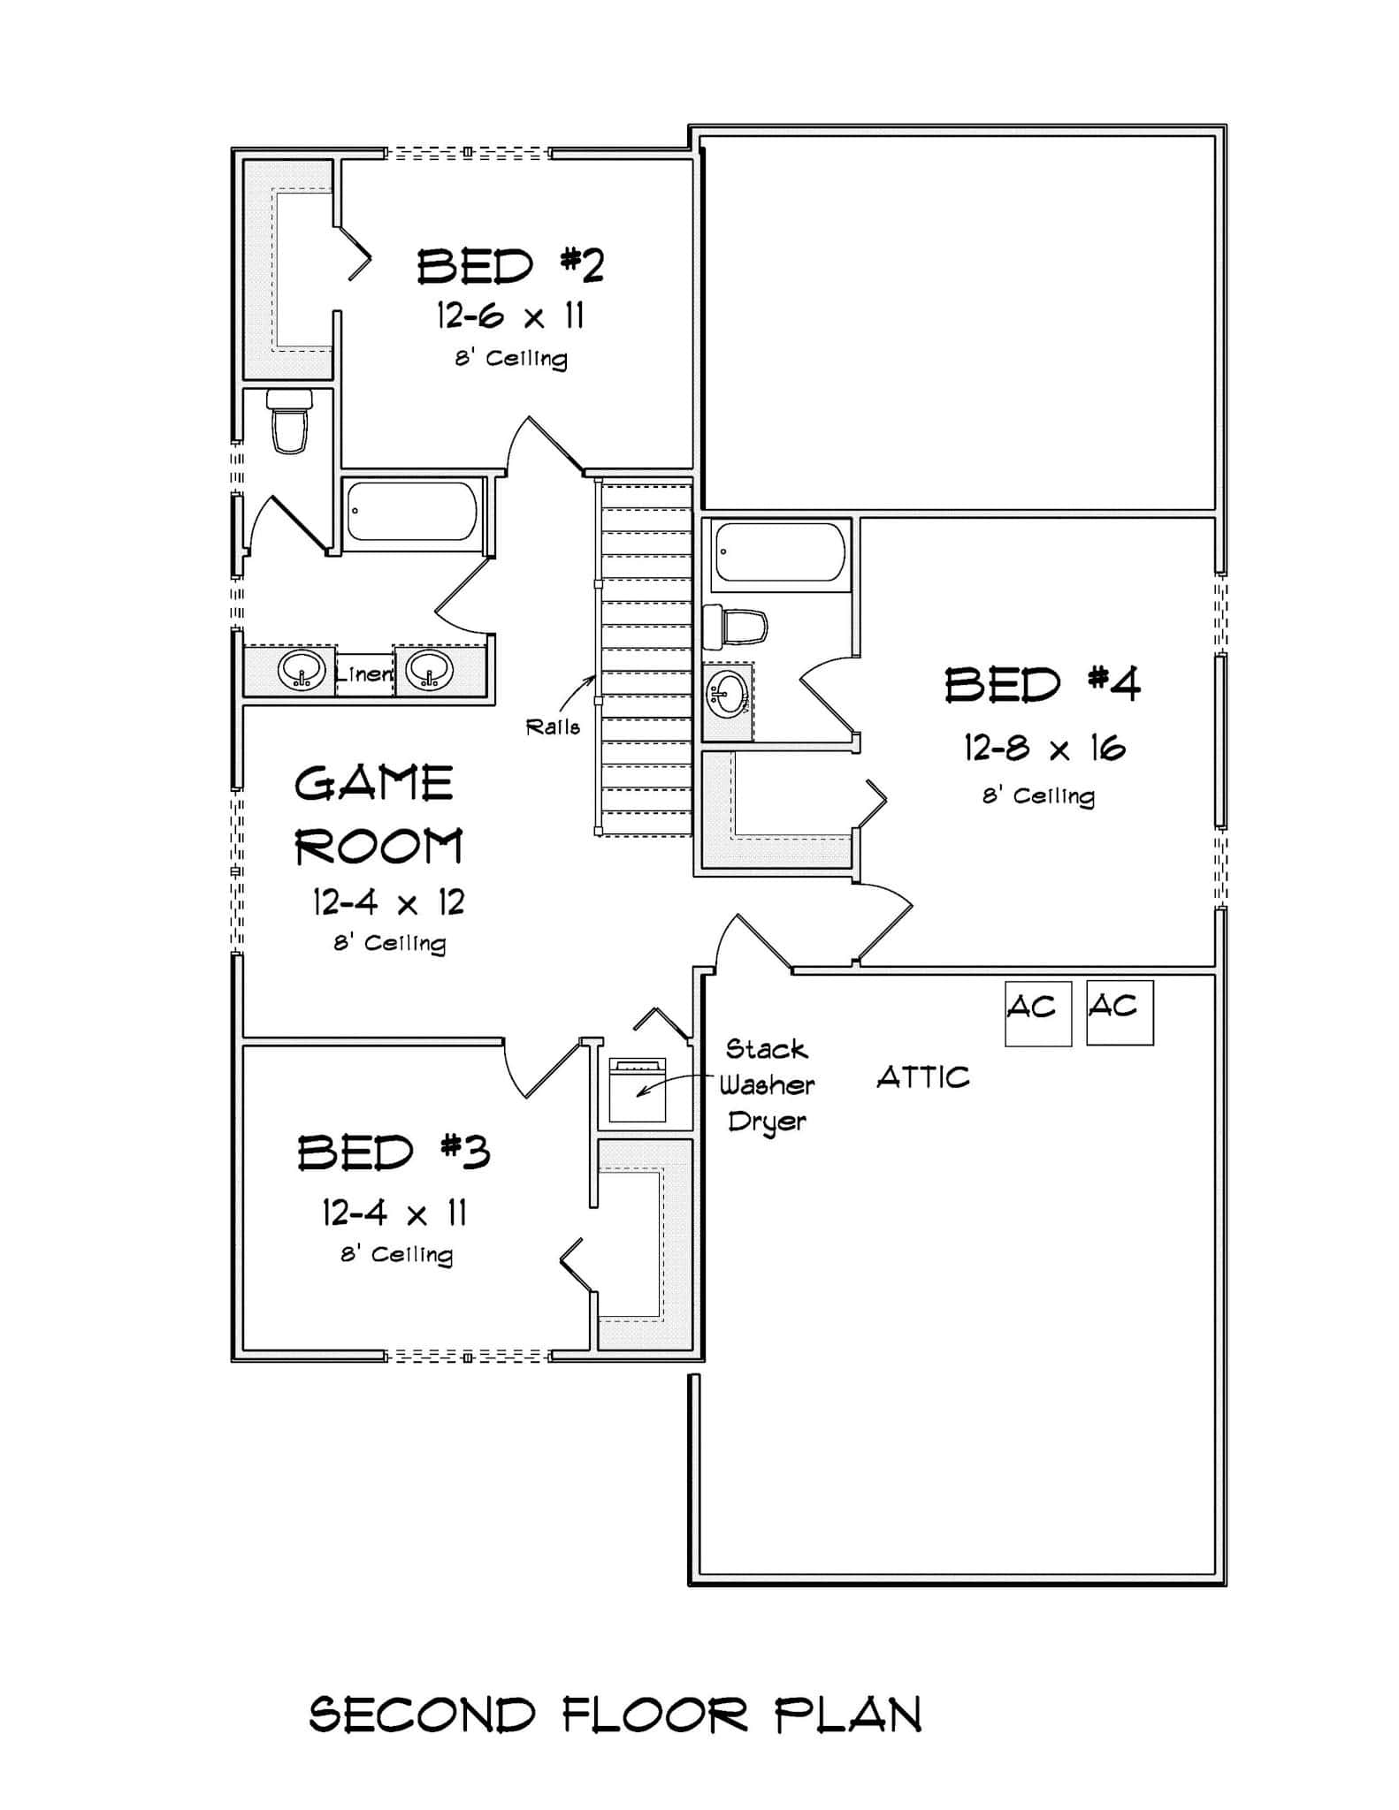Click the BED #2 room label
click(x=510, y=265)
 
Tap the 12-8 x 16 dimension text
click(x=1044, y=749)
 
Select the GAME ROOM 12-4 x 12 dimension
click(x=388, y=902)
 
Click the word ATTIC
click(x=923, y=1077)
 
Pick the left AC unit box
click(x=1038, y=1013)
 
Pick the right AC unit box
click(x=1120, y=1012)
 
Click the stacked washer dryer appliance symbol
click(x=637, y=1090)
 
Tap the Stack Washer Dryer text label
click(x=766, y=1085)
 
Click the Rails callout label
click(x=553, y=726)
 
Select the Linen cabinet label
click(x=364, y=673)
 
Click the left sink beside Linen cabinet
click(x=301, y=672)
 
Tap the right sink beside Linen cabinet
click(x=429, y=672)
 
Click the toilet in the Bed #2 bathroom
click(x=289, y=422)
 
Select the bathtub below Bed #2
click(x=412, y=511)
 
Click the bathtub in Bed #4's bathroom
click(x=779, y=551)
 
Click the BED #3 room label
click(x=394, y=1152)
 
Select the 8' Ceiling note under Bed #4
click(x=1038, y=796)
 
